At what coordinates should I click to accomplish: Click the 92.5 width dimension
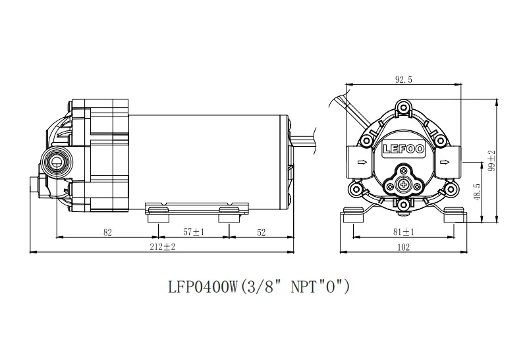click(403, 80)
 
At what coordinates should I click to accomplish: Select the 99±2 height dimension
click(491, 161)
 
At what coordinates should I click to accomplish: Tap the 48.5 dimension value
click(476, 192)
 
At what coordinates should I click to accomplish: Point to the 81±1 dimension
click(403, 232)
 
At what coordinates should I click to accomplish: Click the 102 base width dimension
click(403, 247)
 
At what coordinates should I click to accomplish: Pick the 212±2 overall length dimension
click(162, 247)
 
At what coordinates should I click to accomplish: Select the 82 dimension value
click(107, 232)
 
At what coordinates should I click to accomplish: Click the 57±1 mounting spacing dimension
click(194, 232)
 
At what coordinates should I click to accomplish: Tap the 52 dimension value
click(261, 232)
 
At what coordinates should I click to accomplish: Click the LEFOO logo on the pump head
click(404, 149)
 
